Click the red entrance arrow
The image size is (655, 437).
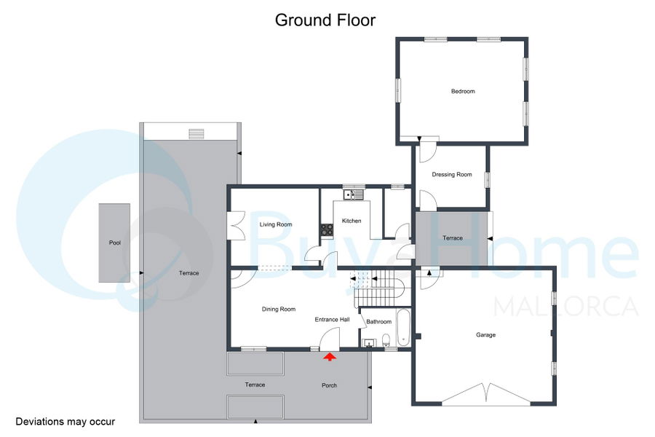pos(330,357)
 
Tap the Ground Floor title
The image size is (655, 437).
pos(325,20)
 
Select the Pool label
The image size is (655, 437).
pos(115,243)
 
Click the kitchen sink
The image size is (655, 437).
pos(354,194)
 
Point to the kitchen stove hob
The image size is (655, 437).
pos(327,229)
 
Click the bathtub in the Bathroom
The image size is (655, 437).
pos(403,328)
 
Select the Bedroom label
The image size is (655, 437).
pos(463,91)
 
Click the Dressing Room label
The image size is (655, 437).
pos(452,174)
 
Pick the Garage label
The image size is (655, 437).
pos(485,334)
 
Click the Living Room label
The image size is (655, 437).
pos(276,224)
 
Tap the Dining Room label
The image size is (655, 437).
pos(279,309)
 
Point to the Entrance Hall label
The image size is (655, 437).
pos(332,320)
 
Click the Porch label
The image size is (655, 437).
pos(329,385)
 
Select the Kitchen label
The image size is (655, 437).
pos(352,221)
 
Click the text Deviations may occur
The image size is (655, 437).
pos(65,422)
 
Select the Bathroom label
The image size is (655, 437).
pos(379,322)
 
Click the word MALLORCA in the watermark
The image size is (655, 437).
pos(566,307)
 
